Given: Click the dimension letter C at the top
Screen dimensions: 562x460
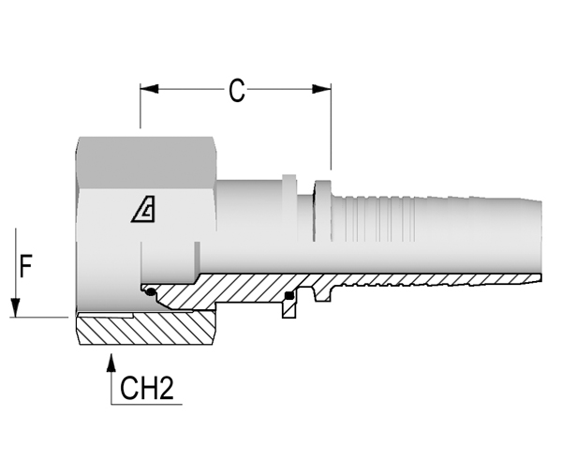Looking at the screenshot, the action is pyautogui.click(x=237, y=90).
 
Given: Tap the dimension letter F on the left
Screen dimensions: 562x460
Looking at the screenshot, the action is pyautogui.click(x=25, y=266).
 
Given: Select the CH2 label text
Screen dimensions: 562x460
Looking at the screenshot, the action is pyautogui.click(x=147, y=388).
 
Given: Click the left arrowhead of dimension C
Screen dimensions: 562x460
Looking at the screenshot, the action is pyautogui.click(x=149, y=89).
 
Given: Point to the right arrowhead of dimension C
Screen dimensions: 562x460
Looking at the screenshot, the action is pyautogui.click(x=321, y=89).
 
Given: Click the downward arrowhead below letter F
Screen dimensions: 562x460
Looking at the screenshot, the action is pyautogui.click(x=15, y=307).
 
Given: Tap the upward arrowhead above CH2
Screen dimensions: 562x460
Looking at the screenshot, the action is pyautogui.click(x=111, y=363).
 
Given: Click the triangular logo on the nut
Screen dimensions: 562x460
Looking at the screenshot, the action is pyautogui.click(x=143, y=209).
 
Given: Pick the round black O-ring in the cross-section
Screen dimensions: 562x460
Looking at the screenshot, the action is pyautogui.click(x=151, y=292).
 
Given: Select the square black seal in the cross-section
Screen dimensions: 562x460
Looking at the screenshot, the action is pyautogui.click(x=288, y=295).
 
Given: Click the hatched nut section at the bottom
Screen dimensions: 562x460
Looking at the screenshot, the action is pyautogui.click(x=145, y=328).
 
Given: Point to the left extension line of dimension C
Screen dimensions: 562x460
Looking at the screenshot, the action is pyautogui.click(x=140, y=106).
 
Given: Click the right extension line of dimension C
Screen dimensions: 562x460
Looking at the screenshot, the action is pyautogui.click(x=331, y=126).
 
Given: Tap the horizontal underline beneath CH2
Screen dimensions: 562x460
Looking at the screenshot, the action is pyautogui.click(x=147, y=405).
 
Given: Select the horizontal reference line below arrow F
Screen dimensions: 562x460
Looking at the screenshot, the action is pyautogui.click(x=38, y=318).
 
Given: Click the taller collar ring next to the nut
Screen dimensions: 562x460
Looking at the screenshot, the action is pyautogui.click(x=288, y=208).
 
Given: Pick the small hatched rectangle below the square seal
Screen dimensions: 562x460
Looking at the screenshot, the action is pyautogui.click(x=288, y=309).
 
